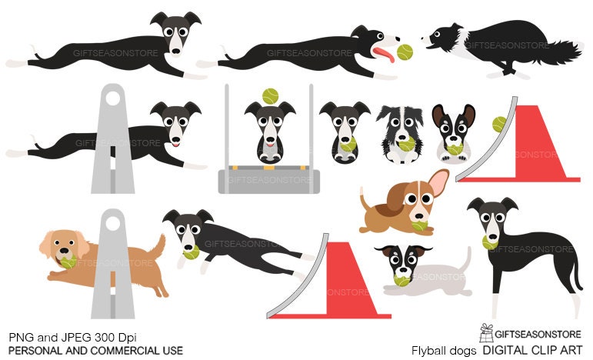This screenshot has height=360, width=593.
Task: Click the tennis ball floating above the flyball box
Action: click(269, 96)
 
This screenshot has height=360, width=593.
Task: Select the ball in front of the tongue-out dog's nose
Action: click(404, 53)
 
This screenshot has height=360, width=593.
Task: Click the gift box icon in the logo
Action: click(485, 332)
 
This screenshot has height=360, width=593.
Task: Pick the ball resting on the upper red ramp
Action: click(499, 124)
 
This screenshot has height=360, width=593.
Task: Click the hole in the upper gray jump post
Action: click(112, 98)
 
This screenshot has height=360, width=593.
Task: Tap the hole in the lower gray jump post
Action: click(112, 224)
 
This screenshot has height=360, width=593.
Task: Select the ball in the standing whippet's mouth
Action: click(488, 242)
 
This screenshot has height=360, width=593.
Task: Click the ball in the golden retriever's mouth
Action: click(68, 262)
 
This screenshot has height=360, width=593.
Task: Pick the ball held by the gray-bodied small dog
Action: click(401, 281)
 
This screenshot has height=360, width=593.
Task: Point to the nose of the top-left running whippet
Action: click(176, 52)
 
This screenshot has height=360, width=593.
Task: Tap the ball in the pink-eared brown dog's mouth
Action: click(418, 225)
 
